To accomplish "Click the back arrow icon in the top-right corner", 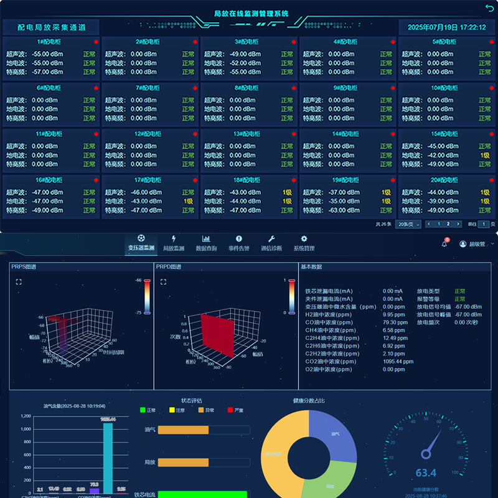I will tap(489, 7).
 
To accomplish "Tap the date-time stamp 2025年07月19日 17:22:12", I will tap(446, 27).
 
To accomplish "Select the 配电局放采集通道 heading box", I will tap(50, 27).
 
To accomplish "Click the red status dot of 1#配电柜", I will tap(96, 42).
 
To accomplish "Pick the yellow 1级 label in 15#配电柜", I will tap(485, 155).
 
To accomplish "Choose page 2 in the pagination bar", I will tap(448, 224).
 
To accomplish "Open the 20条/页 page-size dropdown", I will tap(409, 224).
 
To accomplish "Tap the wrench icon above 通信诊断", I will tap(271, 239).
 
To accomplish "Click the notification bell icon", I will tap(444, 244).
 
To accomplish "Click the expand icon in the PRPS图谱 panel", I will tap(19, 282).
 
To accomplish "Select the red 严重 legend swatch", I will tap(230, 410).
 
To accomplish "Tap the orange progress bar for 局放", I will tap(183, 463).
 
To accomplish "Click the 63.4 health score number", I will tap(426, 473).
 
